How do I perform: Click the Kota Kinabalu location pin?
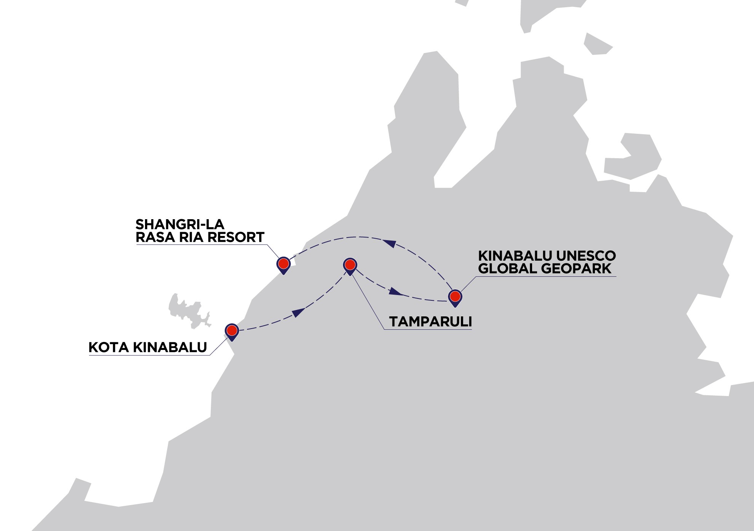232,330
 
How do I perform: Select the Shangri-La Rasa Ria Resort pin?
283,264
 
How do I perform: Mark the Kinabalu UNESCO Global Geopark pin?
455,297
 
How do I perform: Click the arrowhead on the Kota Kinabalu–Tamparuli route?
299,312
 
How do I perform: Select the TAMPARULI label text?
430,322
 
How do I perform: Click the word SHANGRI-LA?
180,224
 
